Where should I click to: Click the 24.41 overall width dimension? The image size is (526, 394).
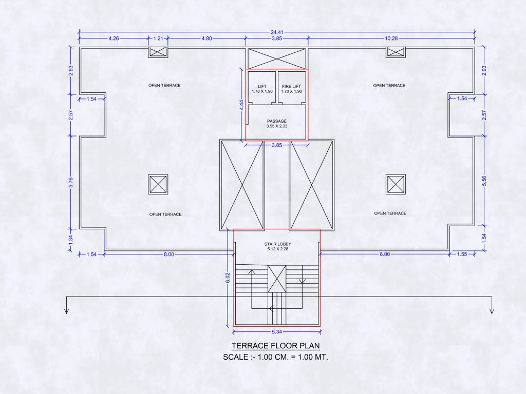point(276,32)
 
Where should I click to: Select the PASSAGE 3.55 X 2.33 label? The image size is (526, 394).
point(276,123)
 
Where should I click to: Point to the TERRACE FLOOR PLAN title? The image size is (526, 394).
point(275,345)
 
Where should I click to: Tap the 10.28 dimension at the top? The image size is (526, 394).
point(391,38)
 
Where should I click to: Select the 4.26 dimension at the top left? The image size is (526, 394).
point(114,38)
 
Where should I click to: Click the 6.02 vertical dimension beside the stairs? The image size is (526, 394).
point(228,278)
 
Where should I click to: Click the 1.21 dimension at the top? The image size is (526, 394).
point(158,38)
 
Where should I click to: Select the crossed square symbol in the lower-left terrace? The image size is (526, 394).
point(158,184)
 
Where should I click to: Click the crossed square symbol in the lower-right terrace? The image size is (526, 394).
point(396,184)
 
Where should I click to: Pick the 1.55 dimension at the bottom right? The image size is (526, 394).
point(461,254)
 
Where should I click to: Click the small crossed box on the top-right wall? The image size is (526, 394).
point(396,52)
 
